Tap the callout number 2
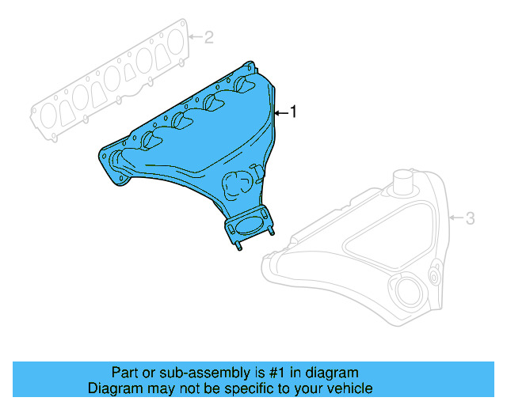pyautogui.click(x=209, y=36)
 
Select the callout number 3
pyautogui.click(x=470, y=218)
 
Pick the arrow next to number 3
pyautogui.click(x=456, y=218)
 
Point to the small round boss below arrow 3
pyautogui.click(x=435, y=276)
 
